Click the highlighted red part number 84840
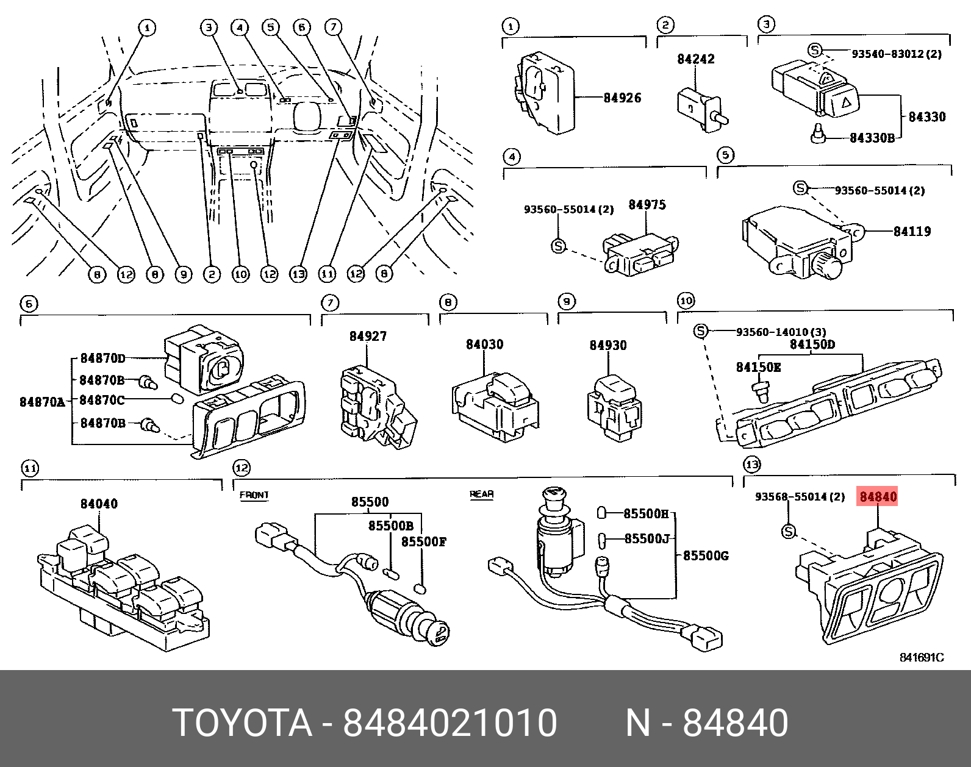pyautogui.click(x=878, y=497)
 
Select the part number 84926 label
pyautogui.click(x=622, y=98)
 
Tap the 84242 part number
pyautogui.click(x=695, y=60)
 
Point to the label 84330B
pyautogui.click(x=872, y=138)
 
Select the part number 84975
pyautogui.click(x=647, y=205)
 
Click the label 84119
pyautogui.click(x=912, y=232)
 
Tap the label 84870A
pyautogui.click(x=42, y=402)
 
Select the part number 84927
pyautogui.click(x=368, y=337)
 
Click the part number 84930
pyautogui.click(x=607, y=346)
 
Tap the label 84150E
pyautogui.click(x=758, y=367)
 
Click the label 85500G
pyautogui.click(x=704, y=556)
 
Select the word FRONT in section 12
pyautogui.click(x=254, y=495)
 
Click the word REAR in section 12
pyautogui.click(x=481, y=494)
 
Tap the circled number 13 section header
pyautogui.click(x=751, y=465)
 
